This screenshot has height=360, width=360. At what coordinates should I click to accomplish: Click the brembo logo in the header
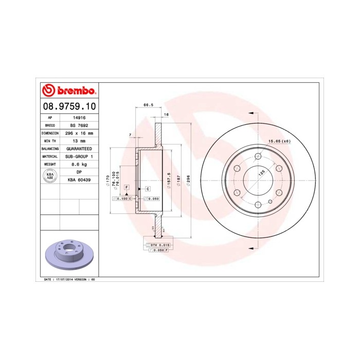[x=68, y=91]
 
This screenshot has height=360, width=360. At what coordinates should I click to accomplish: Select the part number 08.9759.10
[x=68, y=107]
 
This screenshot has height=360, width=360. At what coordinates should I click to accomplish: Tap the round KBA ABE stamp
[x=50, y=176]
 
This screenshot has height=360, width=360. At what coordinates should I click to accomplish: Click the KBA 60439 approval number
[x=79, y=179]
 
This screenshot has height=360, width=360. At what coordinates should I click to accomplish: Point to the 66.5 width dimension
[x=148, y=105]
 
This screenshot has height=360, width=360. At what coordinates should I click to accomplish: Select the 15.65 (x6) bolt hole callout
[x=279, y=140]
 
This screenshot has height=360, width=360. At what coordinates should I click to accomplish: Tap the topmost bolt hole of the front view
[x=257, y=156]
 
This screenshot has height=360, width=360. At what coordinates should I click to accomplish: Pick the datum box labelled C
[x=147, y=189]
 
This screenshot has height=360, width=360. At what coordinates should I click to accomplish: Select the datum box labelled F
[x=126, y=186]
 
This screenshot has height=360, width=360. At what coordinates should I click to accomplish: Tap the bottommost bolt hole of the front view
[x=257, y=205]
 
